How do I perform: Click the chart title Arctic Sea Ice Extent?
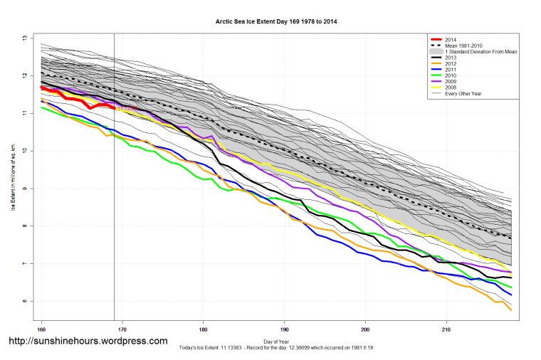coord(276,22)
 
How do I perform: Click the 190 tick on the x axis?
coord(285,329)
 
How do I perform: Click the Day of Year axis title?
coord(276,342)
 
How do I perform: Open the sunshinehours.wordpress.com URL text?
coord(88,342)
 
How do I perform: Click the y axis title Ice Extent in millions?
coord(13,171)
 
